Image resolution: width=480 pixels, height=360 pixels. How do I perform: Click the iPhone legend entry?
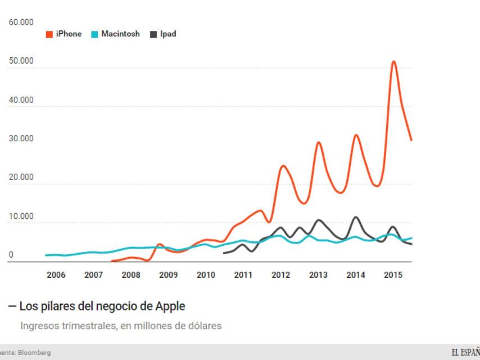64,34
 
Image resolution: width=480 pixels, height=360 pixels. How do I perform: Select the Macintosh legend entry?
116,34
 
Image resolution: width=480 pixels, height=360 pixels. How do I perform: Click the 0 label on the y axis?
11,255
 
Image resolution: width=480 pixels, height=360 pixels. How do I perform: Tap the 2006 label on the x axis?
56,275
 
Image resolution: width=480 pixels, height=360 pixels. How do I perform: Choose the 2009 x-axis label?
168,275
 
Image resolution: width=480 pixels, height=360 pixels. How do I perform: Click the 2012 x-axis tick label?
280,275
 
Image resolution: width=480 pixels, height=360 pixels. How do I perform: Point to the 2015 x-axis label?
392,275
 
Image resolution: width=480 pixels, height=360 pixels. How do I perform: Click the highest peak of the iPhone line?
394,61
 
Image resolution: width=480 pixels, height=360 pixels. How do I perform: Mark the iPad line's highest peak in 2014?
356,217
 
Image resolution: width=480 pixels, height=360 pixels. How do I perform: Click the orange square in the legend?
49,34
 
